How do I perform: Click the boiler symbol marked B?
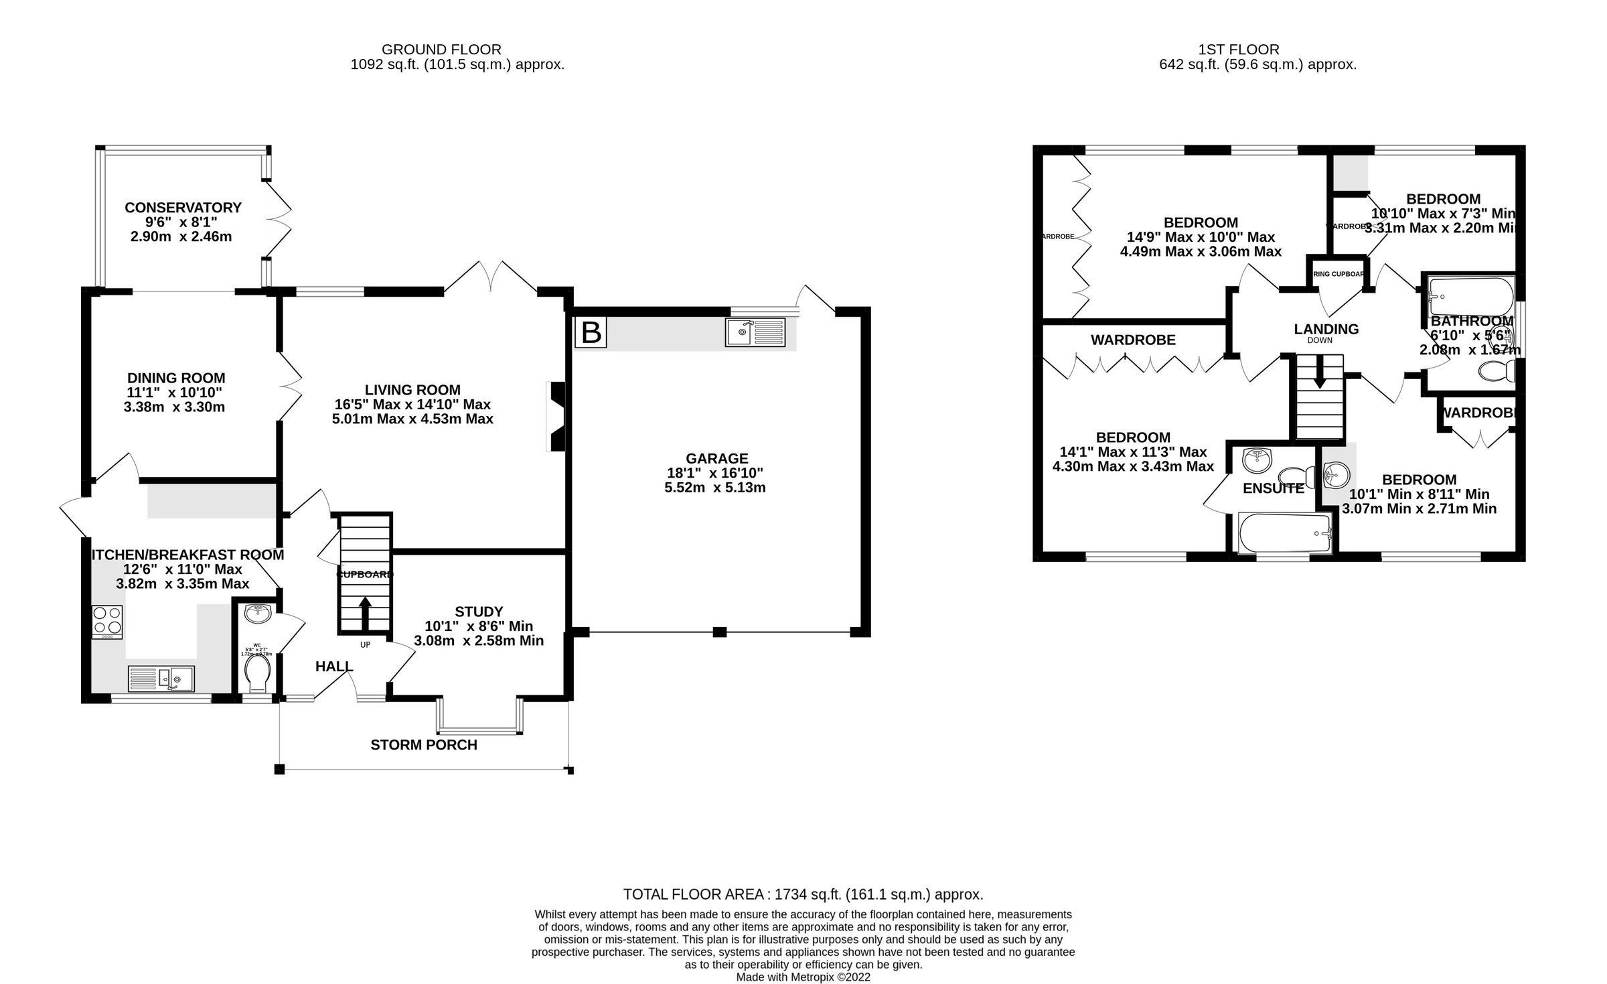[x=591, y=333]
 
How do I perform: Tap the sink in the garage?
[x=755, y=333]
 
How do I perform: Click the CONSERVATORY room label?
[x=183, y=208]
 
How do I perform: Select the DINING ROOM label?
[x=175, y=378]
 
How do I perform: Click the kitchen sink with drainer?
[x=161, y=679]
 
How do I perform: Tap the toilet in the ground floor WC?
[x=257, y=673]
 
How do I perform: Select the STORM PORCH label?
[x=424, y=745]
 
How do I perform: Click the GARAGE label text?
[x=716, y=459]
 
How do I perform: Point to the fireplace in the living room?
[x=556, y=417]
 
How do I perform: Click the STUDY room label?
[x=479, y=612]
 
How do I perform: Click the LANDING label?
[x=1326, y=330]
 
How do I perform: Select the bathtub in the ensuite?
[x=1285, y=534]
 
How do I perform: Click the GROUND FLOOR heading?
[x=441, y=50]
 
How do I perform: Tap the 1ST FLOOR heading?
[x=1238, y=50]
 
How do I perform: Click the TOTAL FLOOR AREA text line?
[x=803, y=894]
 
